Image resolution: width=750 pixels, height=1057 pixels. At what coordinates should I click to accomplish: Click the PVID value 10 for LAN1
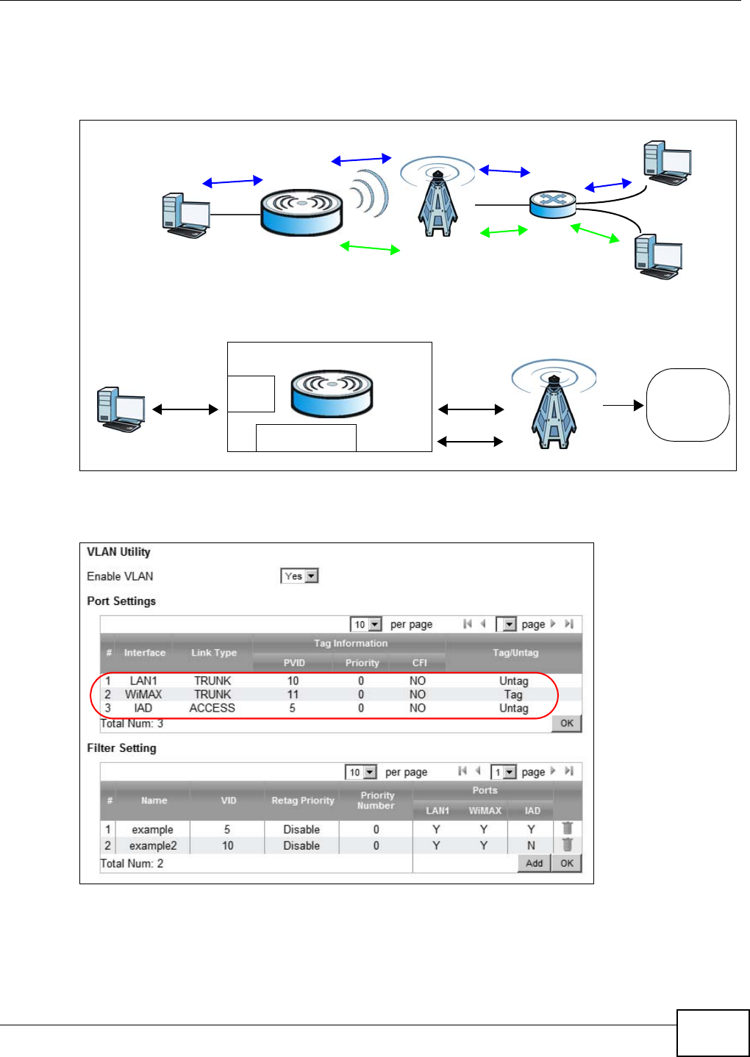click(293, 681)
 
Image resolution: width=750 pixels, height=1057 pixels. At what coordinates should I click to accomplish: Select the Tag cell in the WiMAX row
click(513, 695)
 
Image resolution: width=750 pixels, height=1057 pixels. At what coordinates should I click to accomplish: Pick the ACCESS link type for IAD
click(212, 708)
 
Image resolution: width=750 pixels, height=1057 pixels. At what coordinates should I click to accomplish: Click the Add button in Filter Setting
click(534, 863)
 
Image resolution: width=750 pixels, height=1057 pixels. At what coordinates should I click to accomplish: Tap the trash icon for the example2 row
click(567, 845)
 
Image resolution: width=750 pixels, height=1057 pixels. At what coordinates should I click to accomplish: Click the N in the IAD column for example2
click(531, 845)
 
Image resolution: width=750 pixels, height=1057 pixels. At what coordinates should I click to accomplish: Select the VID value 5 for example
click(227, 829)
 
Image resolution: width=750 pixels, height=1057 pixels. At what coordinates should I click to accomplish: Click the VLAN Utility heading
click(118, 552)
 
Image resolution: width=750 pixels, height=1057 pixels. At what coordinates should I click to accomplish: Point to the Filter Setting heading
click(121, 748)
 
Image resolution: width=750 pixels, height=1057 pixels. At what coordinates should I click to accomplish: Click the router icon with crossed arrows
click(552, 204)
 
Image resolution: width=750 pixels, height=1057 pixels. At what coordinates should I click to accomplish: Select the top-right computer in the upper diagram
click(666, 163)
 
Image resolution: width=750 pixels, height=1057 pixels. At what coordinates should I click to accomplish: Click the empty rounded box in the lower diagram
click(687, 404)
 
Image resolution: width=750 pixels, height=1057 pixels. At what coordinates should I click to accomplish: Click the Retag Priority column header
click(302, 800)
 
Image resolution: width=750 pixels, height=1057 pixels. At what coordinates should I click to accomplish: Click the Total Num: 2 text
click(132, 864)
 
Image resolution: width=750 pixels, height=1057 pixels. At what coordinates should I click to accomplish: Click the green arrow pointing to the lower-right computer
click(595, 232)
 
